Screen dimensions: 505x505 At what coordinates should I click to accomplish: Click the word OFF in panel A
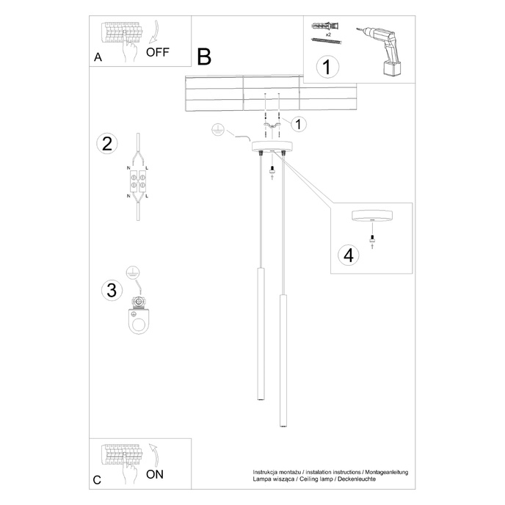tap(158, 52)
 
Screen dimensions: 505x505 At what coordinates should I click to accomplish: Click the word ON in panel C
tap(155, 474)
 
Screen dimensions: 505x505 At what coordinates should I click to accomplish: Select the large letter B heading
tap(204, 57)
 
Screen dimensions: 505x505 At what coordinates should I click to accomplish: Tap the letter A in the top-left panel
tap(98, 59)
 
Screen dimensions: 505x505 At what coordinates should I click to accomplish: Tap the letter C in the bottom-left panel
tap(97, 481)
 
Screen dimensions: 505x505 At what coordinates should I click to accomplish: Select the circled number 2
tap(107, 143)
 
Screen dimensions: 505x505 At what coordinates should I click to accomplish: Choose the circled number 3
tap(111, 290)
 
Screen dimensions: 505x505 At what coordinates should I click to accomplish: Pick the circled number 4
tap(349, 255)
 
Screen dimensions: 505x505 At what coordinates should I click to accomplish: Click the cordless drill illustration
tap(382, 48)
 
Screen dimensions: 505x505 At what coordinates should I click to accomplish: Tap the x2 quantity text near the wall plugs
tap(327, 34)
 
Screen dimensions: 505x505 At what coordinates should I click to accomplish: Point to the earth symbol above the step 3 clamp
tap(132, 272)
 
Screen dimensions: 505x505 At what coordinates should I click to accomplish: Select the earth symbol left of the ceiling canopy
tap(217, 129)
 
